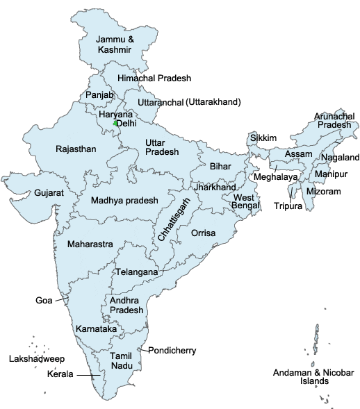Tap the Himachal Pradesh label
coord(154,78)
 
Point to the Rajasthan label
coord(75,149)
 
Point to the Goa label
coord(43,301)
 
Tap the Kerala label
coord(60,375)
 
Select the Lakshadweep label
coord(35,359)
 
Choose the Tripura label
coord(287,206)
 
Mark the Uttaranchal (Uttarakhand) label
coord(188,103)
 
